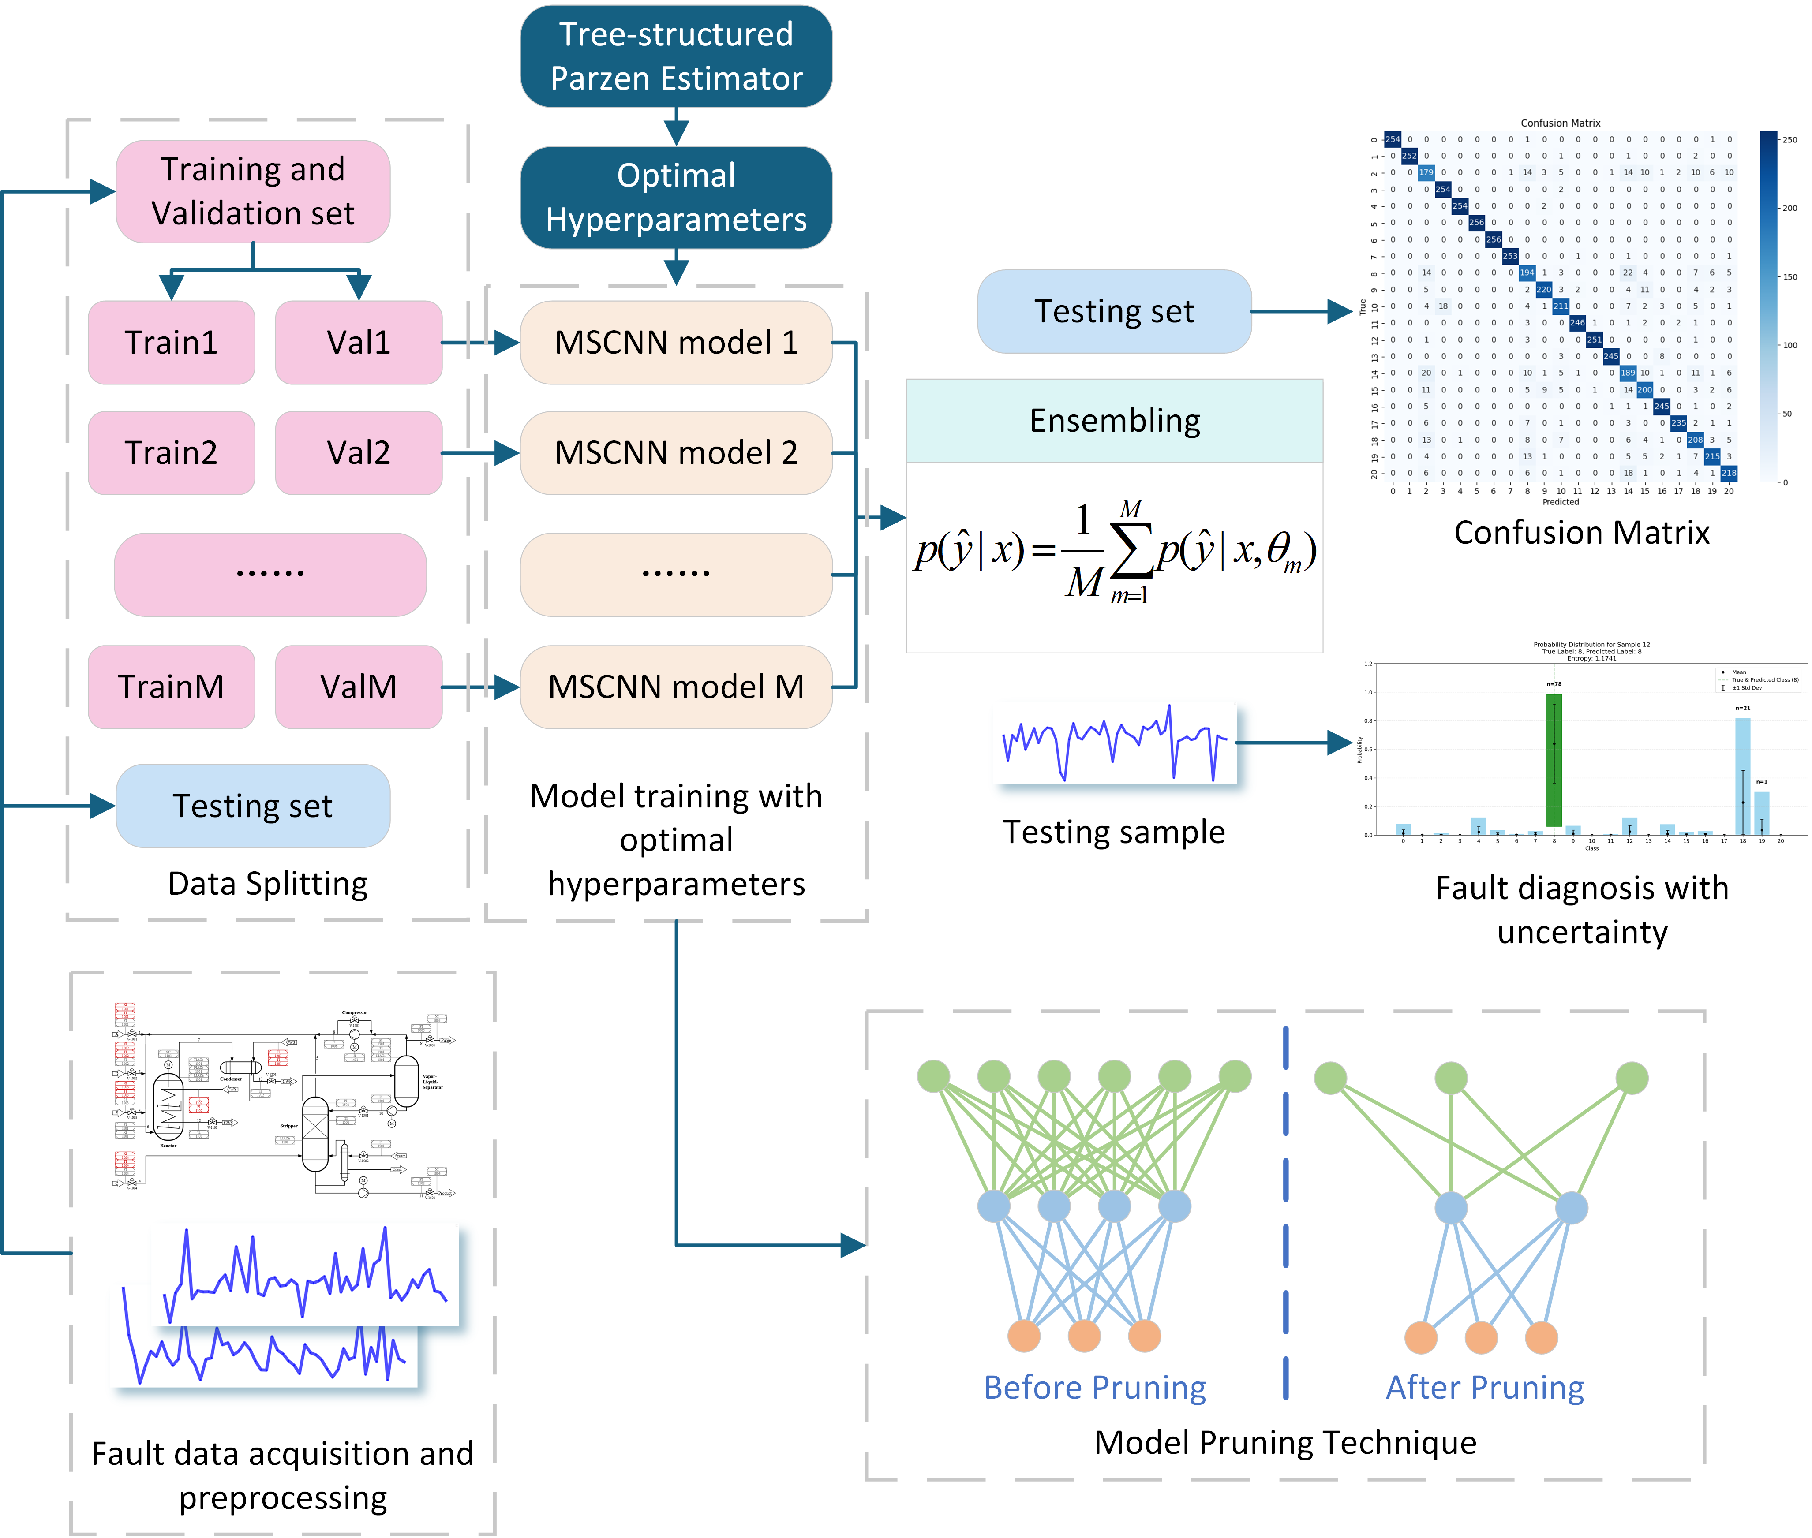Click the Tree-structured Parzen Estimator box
[676, 57]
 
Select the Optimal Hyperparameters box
[676, 197]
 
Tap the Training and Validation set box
[253, 191]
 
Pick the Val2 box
[359, 452]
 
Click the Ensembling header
[1114, 420]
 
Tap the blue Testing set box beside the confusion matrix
[1114, 311]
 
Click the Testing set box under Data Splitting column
[253, 806]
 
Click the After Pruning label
[1485, 1387]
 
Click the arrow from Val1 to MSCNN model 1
[479, 343]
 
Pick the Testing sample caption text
[1114, 832]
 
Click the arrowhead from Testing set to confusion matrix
[1340, 311]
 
